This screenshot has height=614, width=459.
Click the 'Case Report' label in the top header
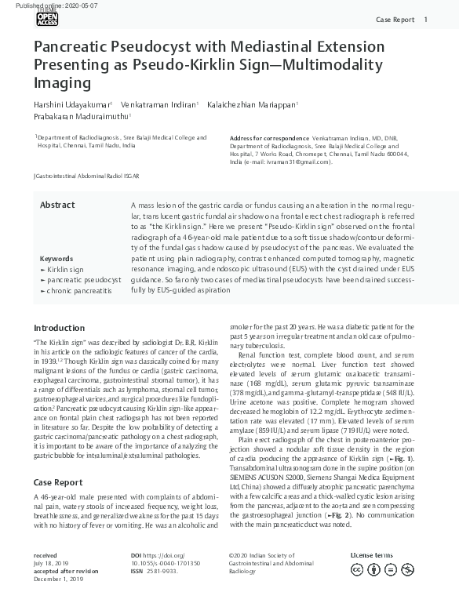pos(395,19)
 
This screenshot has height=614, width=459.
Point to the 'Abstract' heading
pos(57,205)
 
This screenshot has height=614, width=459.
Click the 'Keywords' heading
pos(56,258)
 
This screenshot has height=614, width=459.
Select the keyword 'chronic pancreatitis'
pos(78,290)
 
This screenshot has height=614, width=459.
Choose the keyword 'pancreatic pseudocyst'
pos(82,279)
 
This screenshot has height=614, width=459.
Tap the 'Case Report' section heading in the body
pos(57,460)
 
